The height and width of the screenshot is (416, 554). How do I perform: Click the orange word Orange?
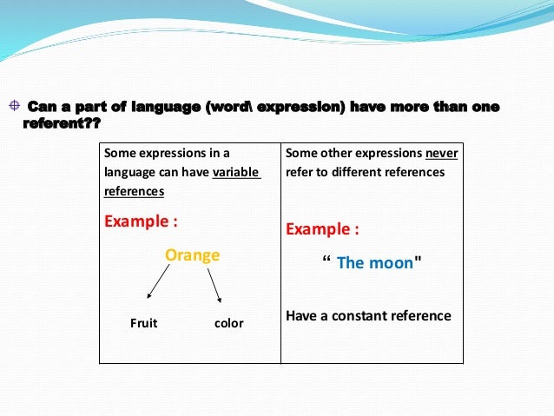[192, 255]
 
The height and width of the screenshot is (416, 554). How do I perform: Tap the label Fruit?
[143, 323]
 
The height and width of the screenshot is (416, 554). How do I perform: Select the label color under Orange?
[228, 323]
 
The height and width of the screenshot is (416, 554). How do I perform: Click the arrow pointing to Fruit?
[157, 284]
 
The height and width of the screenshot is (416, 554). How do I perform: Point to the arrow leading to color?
[214, 284]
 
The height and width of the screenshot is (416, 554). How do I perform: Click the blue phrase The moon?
[374, 262]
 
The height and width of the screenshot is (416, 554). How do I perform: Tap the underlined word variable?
[235, 172]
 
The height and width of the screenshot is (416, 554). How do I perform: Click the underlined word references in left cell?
[134, 190]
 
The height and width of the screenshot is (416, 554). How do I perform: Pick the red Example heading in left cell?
[141, 221]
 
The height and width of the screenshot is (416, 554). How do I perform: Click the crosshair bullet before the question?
[13, 107]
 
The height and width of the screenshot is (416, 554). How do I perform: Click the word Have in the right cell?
[300, 315]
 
